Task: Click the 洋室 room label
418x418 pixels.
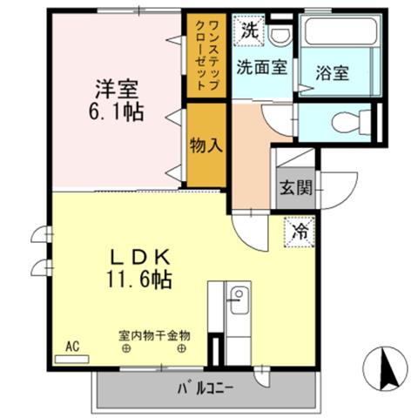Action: click(x=117, y=87)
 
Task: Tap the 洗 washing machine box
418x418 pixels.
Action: click(x=250, y=28)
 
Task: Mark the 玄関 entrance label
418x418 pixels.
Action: click(x=293, y=186)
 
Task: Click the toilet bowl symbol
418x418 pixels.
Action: click(x=354, y=120)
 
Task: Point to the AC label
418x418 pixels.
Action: click(x=72, y=347)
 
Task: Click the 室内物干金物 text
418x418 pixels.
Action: click(x=155, y=335)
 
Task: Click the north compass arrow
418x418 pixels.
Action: click(x=388, y=369)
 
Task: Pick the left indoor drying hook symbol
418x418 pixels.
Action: click(x=127, y=350)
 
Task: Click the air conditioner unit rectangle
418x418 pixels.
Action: click(x=72, y=359)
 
